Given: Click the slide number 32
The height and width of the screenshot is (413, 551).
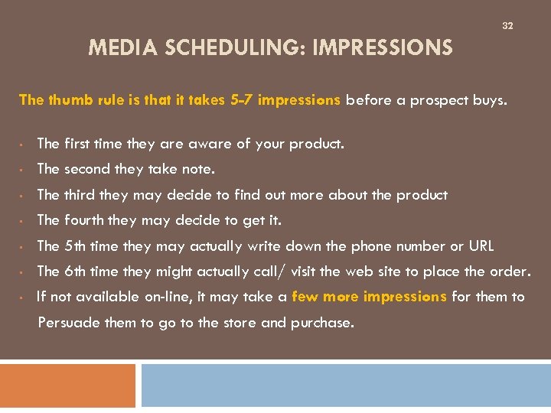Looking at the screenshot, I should coord(507,26).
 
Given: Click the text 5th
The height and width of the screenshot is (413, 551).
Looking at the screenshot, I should coord(75,246).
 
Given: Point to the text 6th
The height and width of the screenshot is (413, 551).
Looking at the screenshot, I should coord(75,272).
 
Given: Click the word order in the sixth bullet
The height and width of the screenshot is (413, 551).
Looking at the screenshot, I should coord(510,272).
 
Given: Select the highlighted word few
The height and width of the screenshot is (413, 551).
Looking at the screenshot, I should coord(305,297).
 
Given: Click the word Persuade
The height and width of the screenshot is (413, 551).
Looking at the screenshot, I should coord(69,323).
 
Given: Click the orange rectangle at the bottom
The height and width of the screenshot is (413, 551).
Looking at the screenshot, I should coord(67,385).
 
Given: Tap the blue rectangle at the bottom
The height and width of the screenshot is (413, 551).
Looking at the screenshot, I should coord(345,385).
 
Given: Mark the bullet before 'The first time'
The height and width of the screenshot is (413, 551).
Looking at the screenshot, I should coord(25,144).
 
